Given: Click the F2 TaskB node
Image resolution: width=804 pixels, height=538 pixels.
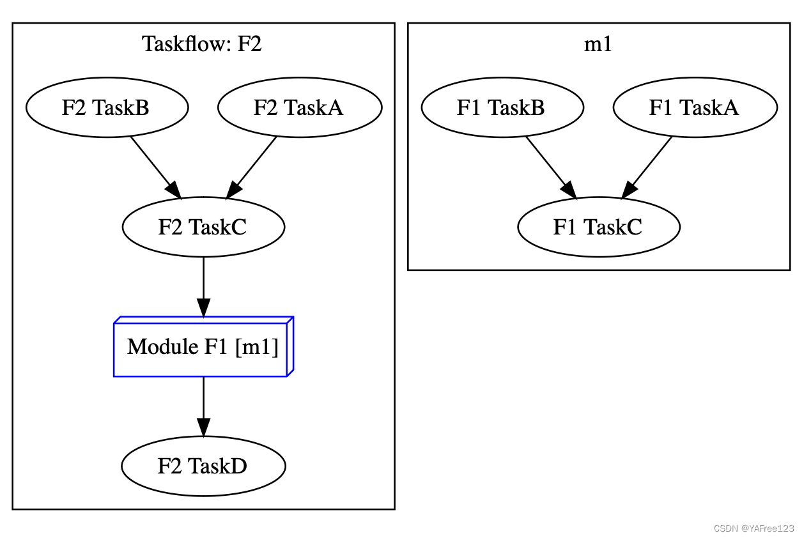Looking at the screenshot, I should pos(107,107).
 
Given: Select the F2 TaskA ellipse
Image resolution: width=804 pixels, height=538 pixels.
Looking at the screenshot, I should pos(300,107).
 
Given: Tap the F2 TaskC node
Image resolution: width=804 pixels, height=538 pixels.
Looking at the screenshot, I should pos(203,227).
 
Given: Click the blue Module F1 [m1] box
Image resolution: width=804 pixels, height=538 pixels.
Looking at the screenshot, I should pos(203,348).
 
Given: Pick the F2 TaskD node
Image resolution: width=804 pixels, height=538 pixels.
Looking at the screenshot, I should pos(203,466).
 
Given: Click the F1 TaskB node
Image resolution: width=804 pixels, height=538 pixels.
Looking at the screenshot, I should pos(502,107).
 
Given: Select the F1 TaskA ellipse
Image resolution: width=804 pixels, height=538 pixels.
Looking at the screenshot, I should pos(695,107).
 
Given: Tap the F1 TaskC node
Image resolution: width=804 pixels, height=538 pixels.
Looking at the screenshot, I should pos(599,227).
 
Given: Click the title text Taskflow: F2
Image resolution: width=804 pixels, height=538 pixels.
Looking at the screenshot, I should pos(202,45).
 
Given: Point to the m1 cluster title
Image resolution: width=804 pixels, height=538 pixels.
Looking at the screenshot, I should pos(599,45).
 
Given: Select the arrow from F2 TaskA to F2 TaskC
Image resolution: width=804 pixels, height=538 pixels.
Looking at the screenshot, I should pos(254,165).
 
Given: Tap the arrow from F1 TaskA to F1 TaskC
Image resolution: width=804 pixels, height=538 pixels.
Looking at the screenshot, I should pos(649,165).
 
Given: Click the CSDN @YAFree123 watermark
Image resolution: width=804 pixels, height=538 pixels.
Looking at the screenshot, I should pos(754,528).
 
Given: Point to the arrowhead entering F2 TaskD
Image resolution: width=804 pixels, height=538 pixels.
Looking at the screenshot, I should pos(203,427).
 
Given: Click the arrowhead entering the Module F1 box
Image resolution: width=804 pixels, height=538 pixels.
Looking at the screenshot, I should pos(203,307).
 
